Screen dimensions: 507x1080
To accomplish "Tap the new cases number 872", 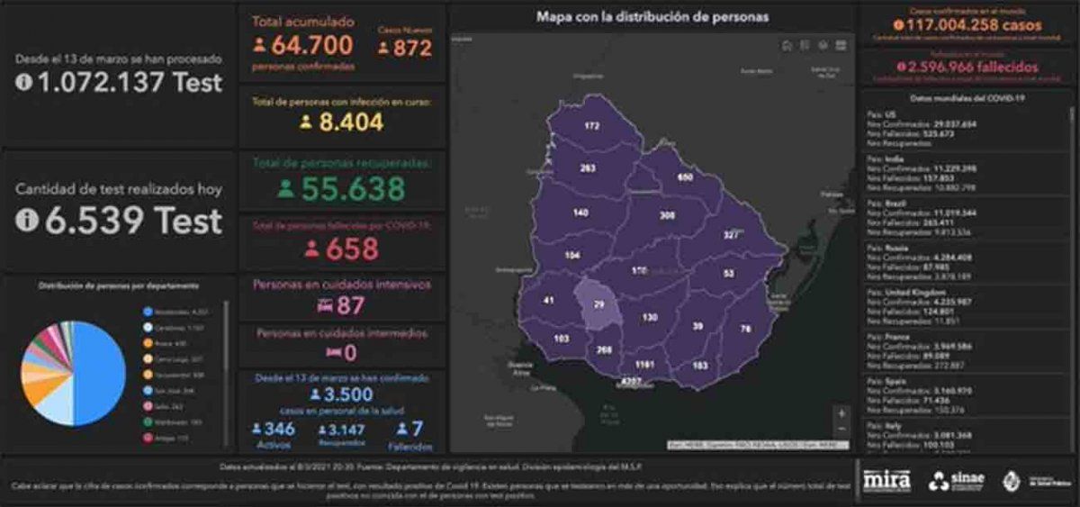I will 412,48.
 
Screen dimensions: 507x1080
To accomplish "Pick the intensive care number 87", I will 349,305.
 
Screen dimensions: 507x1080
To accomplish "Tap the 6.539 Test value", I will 132,221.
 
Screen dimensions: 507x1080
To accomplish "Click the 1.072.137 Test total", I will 130,83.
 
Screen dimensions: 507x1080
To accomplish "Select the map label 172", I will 591,126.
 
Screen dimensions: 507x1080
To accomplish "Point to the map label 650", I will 685,177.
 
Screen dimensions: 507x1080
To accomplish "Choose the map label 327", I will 731,235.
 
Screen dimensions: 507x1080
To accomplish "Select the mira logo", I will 886,480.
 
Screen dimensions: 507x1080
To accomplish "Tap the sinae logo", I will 957,480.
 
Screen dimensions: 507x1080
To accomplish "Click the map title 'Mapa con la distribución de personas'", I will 652,16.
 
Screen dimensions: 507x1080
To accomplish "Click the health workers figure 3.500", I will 341,395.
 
